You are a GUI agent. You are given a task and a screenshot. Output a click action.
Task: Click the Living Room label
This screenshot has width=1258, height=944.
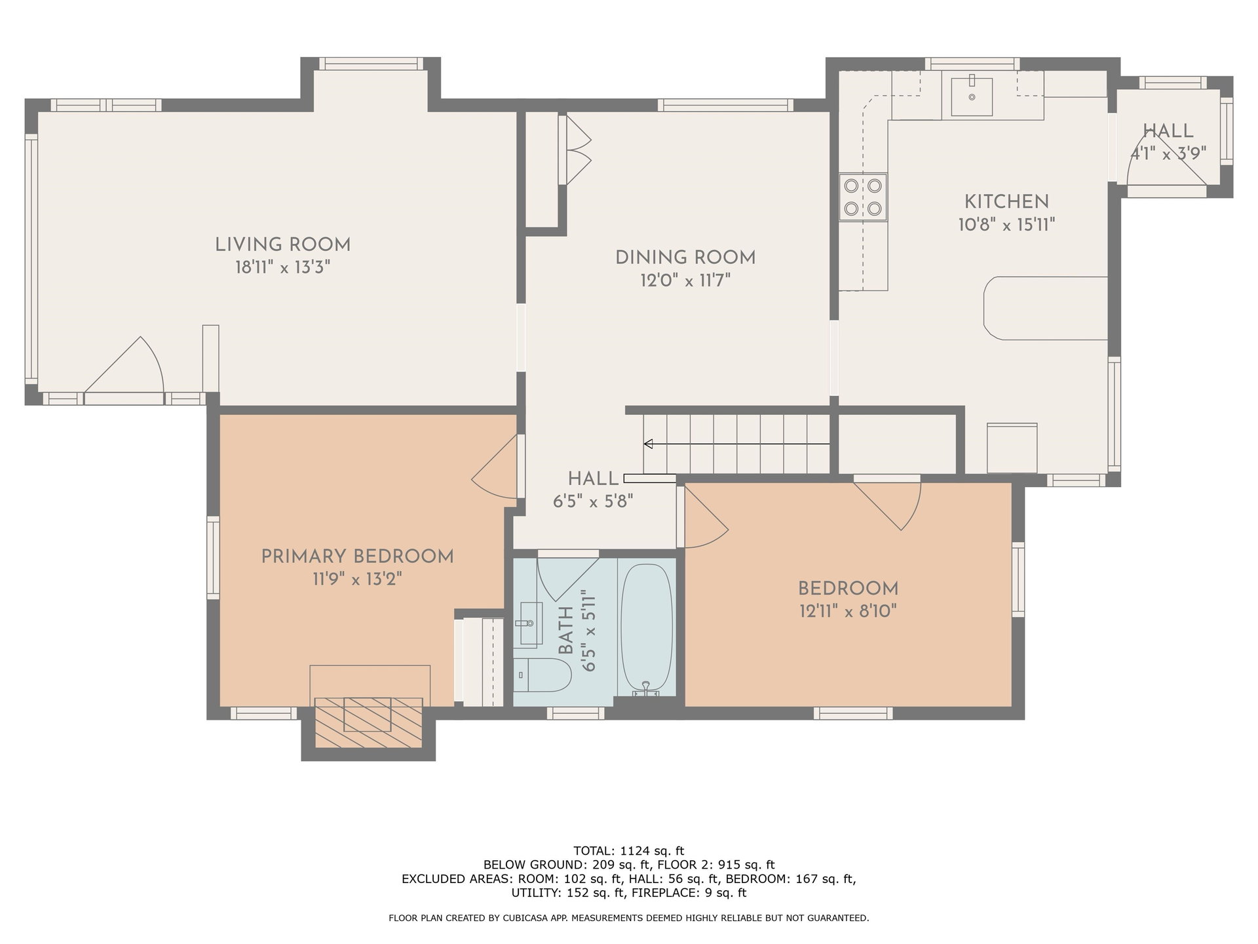click(283, 245)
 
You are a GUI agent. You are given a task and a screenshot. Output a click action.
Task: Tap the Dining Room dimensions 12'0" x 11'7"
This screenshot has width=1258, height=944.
click(685, 281)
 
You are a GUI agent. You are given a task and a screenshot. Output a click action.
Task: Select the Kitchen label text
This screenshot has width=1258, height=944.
click(1006, 201)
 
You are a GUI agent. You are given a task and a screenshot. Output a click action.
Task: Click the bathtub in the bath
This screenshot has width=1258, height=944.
click(646, 629)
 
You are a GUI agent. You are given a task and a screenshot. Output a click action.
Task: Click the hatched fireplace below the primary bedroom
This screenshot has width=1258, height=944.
click(369, 722)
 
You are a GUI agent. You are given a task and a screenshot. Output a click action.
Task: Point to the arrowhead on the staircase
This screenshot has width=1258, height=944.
click(648, 444)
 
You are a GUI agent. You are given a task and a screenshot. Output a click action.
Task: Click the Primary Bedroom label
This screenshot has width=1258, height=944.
click(357, 557)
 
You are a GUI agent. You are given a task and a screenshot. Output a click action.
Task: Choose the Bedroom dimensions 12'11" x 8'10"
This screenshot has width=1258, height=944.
click(848, 611)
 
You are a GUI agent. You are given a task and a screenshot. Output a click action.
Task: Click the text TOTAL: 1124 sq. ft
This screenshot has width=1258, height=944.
click(629, 851)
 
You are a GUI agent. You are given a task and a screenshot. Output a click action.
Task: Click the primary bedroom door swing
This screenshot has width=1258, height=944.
click(495, 467)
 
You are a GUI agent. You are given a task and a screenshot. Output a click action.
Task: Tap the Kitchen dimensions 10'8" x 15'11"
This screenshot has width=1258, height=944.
click(1006, 225)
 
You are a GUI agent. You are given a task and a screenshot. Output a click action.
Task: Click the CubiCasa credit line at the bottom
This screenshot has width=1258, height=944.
click(629, 918)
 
